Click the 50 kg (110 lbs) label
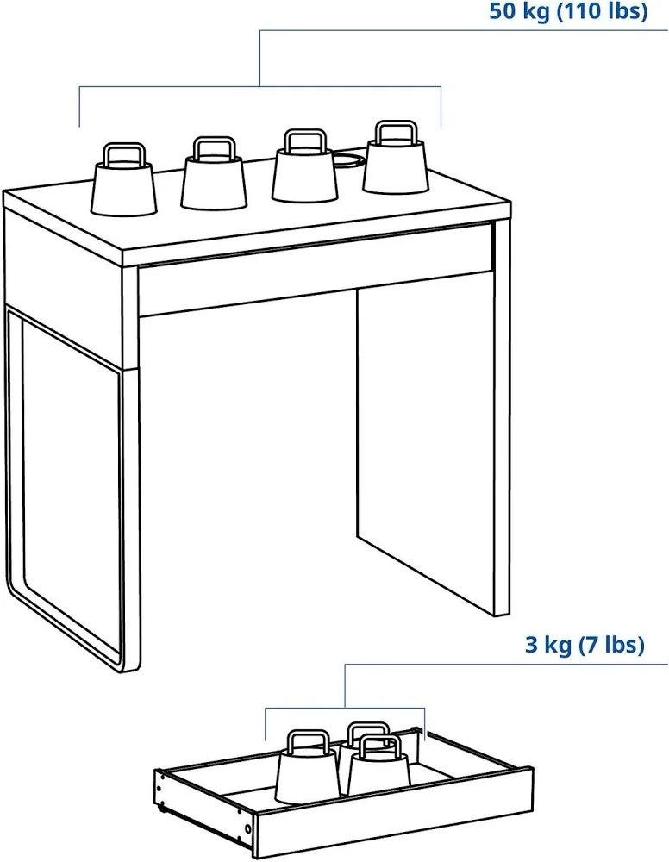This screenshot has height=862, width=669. coord(568,11)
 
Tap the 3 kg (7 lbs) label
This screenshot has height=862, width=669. coord(585,643)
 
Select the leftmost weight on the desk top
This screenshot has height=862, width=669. coord(123,180)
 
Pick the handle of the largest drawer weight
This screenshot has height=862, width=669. coord(309,740)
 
